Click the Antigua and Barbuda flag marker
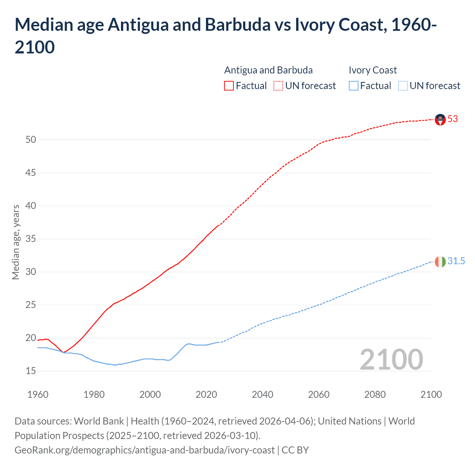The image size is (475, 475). tap(440, 119)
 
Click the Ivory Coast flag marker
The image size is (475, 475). tap(440, 262)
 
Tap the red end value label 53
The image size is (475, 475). tap(453, 119)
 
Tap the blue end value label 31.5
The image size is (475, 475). tap(456, 261)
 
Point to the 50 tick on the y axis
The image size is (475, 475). tap(31, 140)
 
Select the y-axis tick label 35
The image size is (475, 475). tap(31, 239)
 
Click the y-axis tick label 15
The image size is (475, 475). tap(31, 371)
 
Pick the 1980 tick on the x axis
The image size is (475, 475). tap(94, 394)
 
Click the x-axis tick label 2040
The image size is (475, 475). tap(262, 394)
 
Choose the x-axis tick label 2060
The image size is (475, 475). tap(319, 394)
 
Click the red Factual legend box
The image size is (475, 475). tap(229, 86)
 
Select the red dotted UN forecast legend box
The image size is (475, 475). tap(278, 86)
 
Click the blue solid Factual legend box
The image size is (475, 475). tap(354, 86)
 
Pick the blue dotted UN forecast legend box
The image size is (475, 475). tap(403, 86)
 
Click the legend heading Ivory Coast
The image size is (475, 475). tap(373, 70)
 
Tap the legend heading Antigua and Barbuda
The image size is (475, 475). tap(268, 70)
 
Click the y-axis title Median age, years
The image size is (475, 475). tap(16, 242)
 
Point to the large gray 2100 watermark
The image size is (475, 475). tap(392, 360)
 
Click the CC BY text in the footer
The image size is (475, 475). tap(295, 450)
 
